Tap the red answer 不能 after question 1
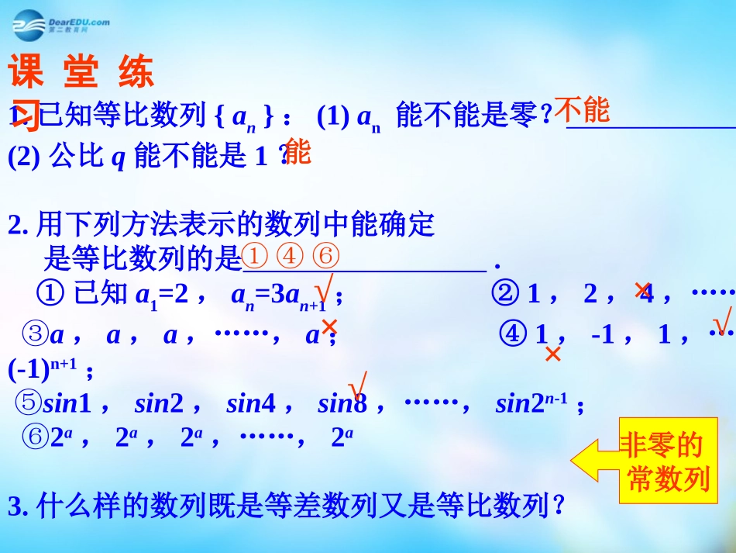tap(583, 110)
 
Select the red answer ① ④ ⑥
tap(291, 255)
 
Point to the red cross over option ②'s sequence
tap(642, 290)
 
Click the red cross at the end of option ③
tap(329, 327)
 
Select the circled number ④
tap(514, 335)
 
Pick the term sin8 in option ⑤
tap(342, 403)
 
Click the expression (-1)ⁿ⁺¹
tap(43, 369)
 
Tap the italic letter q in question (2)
tap(119, 157)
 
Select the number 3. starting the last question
tap(18, 507)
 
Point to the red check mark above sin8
tap(357, 383)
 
